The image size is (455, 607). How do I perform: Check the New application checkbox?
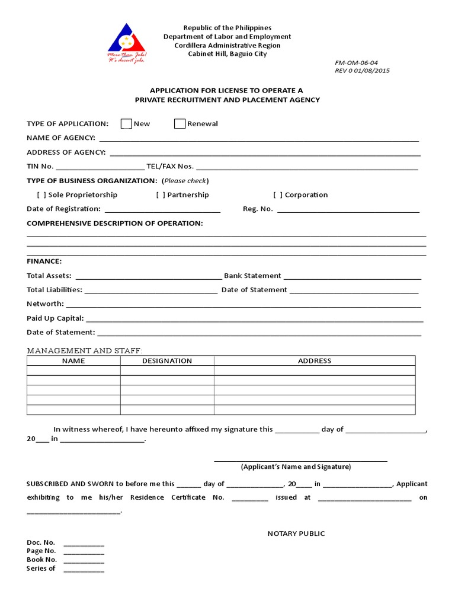[x=126, y=123]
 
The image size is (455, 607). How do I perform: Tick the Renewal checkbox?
[x=180, y=123]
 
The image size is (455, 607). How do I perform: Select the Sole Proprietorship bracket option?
[x=41, y=195]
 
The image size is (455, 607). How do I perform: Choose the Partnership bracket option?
[x=161, y=195]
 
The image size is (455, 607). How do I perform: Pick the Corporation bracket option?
[x=278, y=195]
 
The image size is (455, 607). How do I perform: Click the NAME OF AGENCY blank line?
[x=259, y=139]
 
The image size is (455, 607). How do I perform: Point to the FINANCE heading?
[x=44, y=261]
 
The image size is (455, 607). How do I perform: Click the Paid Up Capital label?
[x=55, y=318]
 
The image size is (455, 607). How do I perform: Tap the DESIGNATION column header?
[x=167, y=360]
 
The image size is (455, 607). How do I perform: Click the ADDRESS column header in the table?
[x=315, y=360]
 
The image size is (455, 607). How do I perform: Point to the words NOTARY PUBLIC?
[x=296, y=533]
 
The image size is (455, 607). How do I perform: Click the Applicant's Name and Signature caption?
[x=296, y=467]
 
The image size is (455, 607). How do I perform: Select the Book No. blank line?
[x=84, y=560]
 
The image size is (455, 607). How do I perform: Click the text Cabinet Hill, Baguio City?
[x=227, y=54]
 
